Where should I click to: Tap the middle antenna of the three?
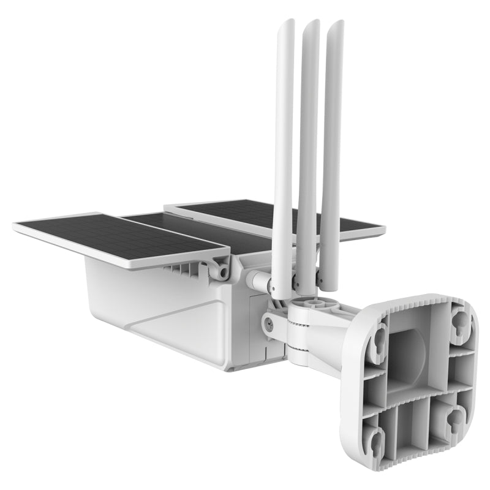[x=307, y=153]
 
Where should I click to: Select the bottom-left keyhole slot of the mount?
[x=377, y=439]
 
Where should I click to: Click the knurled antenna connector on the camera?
[x=253, y=279]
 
